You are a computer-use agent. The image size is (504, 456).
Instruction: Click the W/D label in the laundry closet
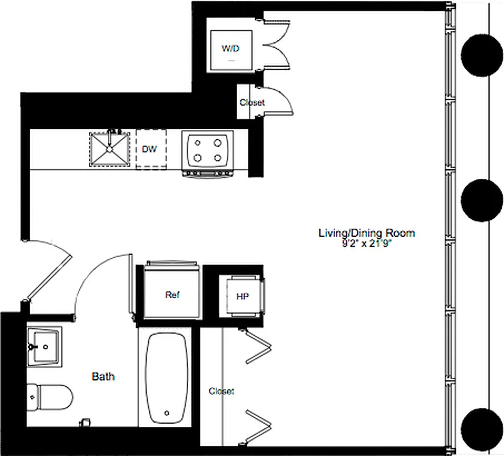tap(230, 48)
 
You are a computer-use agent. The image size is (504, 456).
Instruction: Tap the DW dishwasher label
tap(150, 149)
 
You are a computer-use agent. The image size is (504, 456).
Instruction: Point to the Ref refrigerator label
tap(172, 295)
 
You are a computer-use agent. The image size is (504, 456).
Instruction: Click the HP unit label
tap(242, 297)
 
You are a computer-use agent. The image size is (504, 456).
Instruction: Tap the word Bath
tap(103, 376)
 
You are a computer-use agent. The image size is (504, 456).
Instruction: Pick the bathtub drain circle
tap(167, 413)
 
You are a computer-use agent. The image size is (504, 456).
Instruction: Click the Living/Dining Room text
tap(367, 233)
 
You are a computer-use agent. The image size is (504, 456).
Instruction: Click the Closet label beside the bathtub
tap(221, 391)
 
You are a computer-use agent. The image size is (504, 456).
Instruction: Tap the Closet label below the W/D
tap(252, 103)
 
